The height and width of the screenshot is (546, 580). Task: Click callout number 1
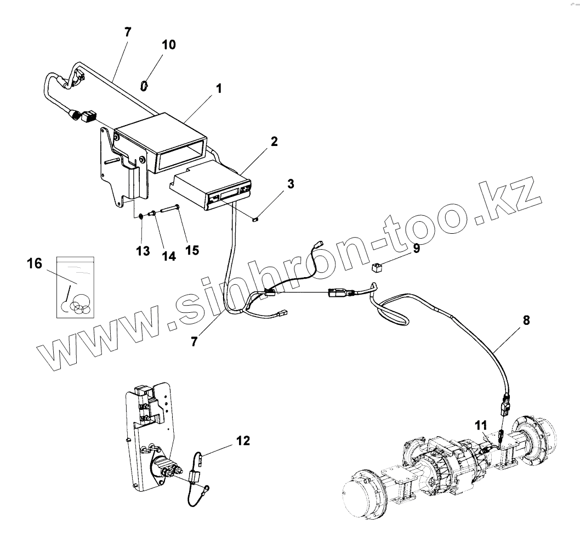218,88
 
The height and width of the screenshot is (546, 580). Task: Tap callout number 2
274,141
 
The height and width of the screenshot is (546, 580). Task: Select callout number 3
290,184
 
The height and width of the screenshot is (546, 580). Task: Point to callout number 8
526,320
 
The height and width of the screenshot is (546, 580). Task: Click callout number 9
417,249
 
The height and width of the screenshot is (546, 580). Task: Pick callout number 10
169,44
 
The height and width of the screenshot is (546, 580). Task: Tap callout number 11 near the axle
480,424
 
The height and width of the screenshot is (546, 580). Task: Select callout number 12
243,440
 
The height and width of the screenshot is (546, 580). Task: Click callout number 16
34,264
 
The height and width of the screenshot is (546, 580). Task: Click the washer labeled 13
141,215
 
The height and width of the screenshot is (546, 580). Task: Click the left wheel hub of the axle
362,493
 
